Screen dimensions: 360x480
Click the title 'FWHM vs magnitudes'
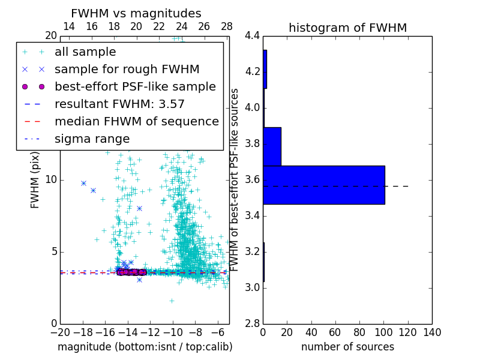[136, 13]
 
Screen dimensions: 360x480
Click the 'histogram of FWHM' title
[347, 28]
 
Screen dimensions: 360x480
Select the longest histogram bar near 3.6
[323, 185]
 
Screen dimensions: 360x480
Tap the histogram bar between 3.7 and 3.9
[272, 146]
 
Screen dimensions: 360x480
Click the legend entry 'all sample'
[85, 52]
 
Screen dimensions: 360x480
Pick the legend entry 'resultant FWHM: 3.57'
[119, 104]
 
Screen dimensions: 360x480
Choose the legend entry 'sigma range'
[92, 139]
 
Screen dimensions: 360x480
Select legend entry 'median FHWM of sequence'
[136, 121]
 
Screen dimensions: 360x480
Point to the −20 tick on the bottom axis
[60, 332]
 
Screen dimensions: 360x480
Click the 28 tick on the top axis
[227, 26]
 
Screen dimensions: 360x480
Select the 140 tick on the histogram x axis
[432, 332]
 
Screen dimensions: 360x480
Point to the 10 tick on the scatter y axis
[52, 180]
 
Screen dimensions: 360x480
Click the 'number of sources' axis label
[347, 347]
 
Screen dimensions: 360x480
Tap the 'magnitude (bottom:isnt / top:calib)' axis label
[145, 347]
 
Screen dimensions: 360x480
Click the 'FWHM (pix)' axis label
[35, 179]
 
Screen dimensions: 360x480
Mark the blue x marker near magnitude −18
[84, 183]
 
